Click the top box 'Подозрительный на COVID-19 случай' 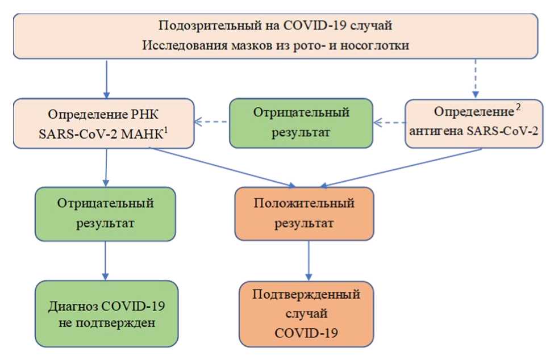click(x=275, y=35)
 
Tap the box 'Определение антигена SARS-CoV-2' click(x=473, y=123)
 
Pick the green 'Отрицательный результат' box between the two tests click(x=301, y=123)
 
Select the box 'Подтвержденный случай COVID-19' click(x=306, y=314)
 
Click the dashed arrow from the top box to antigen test click(x=476, y=77)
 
